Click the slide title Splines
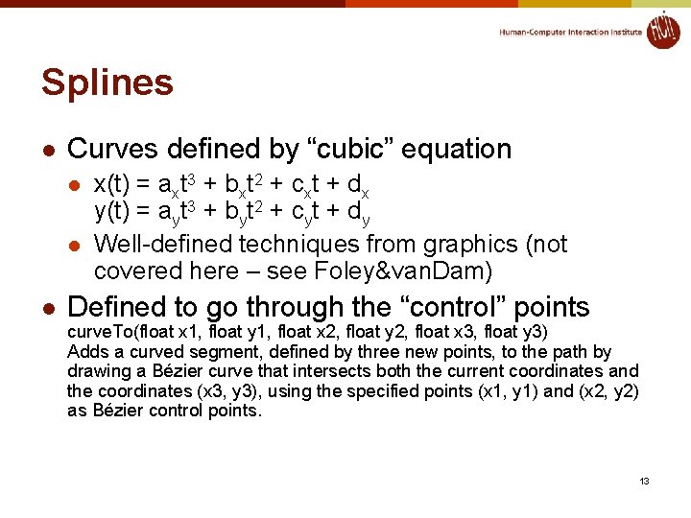click(107, 83)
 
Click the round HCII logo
click(662, 30)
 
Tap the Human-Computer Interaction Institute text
click(570, 32)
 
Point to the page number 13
click(645, 481)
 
